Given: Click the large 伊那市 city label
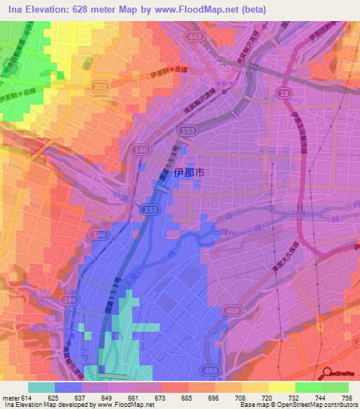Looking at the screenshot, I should click(x=208, y=171).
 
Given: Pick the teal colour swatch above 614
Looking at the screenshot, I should click(x=41, y=387).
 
